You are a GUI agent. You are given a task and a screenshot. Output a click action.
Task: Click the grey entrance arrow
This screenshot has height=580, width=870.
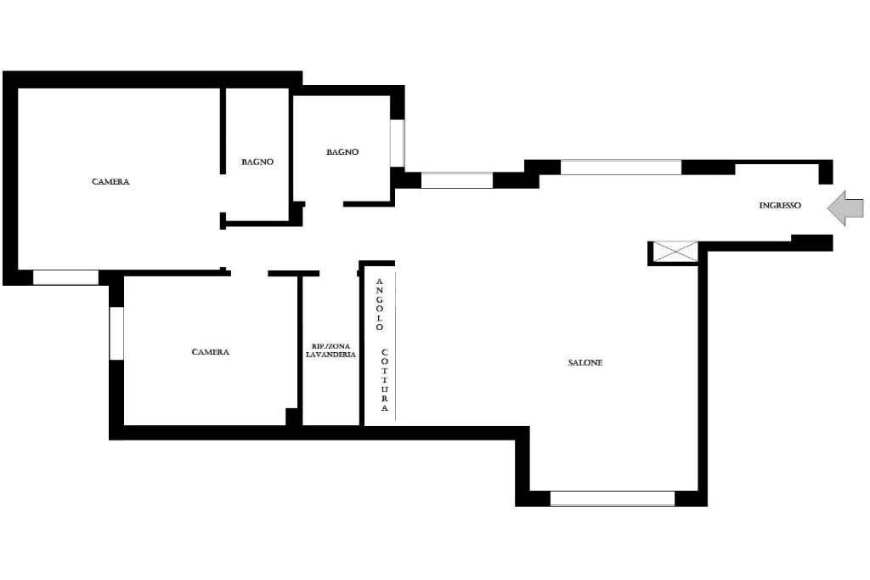coord(845,208)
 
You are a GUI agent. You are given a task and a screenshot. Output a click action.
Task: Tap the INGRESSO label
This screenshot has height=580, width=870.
coord(780,206)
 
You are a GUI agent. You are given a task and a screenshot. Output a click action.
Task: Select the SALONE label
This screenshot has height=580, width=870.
coord(585,363)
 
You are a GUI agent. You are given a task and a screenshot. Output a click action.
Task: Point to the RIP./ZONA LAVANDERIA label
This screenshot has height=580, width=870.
coord(330,350)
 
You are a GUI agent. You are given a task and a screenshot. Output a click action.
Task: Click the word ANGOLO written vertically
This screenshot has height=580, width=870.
coord(380,304)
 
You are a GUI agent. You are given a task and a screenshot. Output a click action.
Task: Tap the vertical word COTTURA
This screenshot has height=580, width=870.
coord(385,380)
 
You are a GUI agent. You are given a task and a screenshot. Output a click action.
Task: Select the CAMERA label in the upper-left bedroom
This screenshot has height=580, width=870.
coord(110,182)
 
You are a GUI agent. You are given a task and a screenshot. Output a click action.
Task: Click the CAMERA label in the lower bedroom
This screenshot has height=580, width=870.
coord(211,352)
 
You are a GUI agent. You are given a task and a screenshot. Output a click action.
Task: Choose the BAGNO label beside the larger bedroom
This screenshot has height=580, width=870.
coord(257,162)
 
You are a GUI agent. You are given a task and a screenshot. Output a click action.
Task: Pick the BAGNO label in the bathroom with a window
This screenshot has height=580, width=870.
coord(342,151)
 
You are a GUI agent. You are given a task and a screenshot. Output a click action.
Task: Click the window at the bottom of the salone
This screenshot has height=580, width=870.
coord(612,498)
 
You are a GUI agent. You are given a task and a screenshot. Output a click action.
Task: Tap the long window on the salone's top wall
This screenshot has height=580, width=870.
coord(620,168)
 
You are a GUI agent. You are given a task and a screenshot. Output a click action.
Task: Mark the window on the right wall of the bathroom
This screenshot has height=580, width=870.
coord(398,143)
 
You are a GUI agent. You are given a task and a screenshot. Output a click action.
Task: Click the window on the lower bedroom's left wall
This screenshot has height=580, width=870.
coord(116,333)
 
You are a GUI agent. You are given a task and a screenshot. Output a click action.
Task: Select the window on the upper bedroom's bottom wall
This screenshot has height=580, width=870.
coord(65,277)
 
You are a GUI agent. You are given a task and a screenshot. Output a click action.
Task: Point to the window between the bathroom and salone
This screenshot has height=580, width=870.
coord(456,180)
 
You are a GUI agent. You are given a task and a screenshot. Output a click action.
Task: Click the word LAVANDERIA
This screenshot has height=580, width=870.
coord(330,355)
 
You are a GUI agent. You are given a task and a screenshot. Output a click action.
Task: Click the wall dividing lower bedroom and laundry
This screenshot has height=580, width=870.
coord(300,350)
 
